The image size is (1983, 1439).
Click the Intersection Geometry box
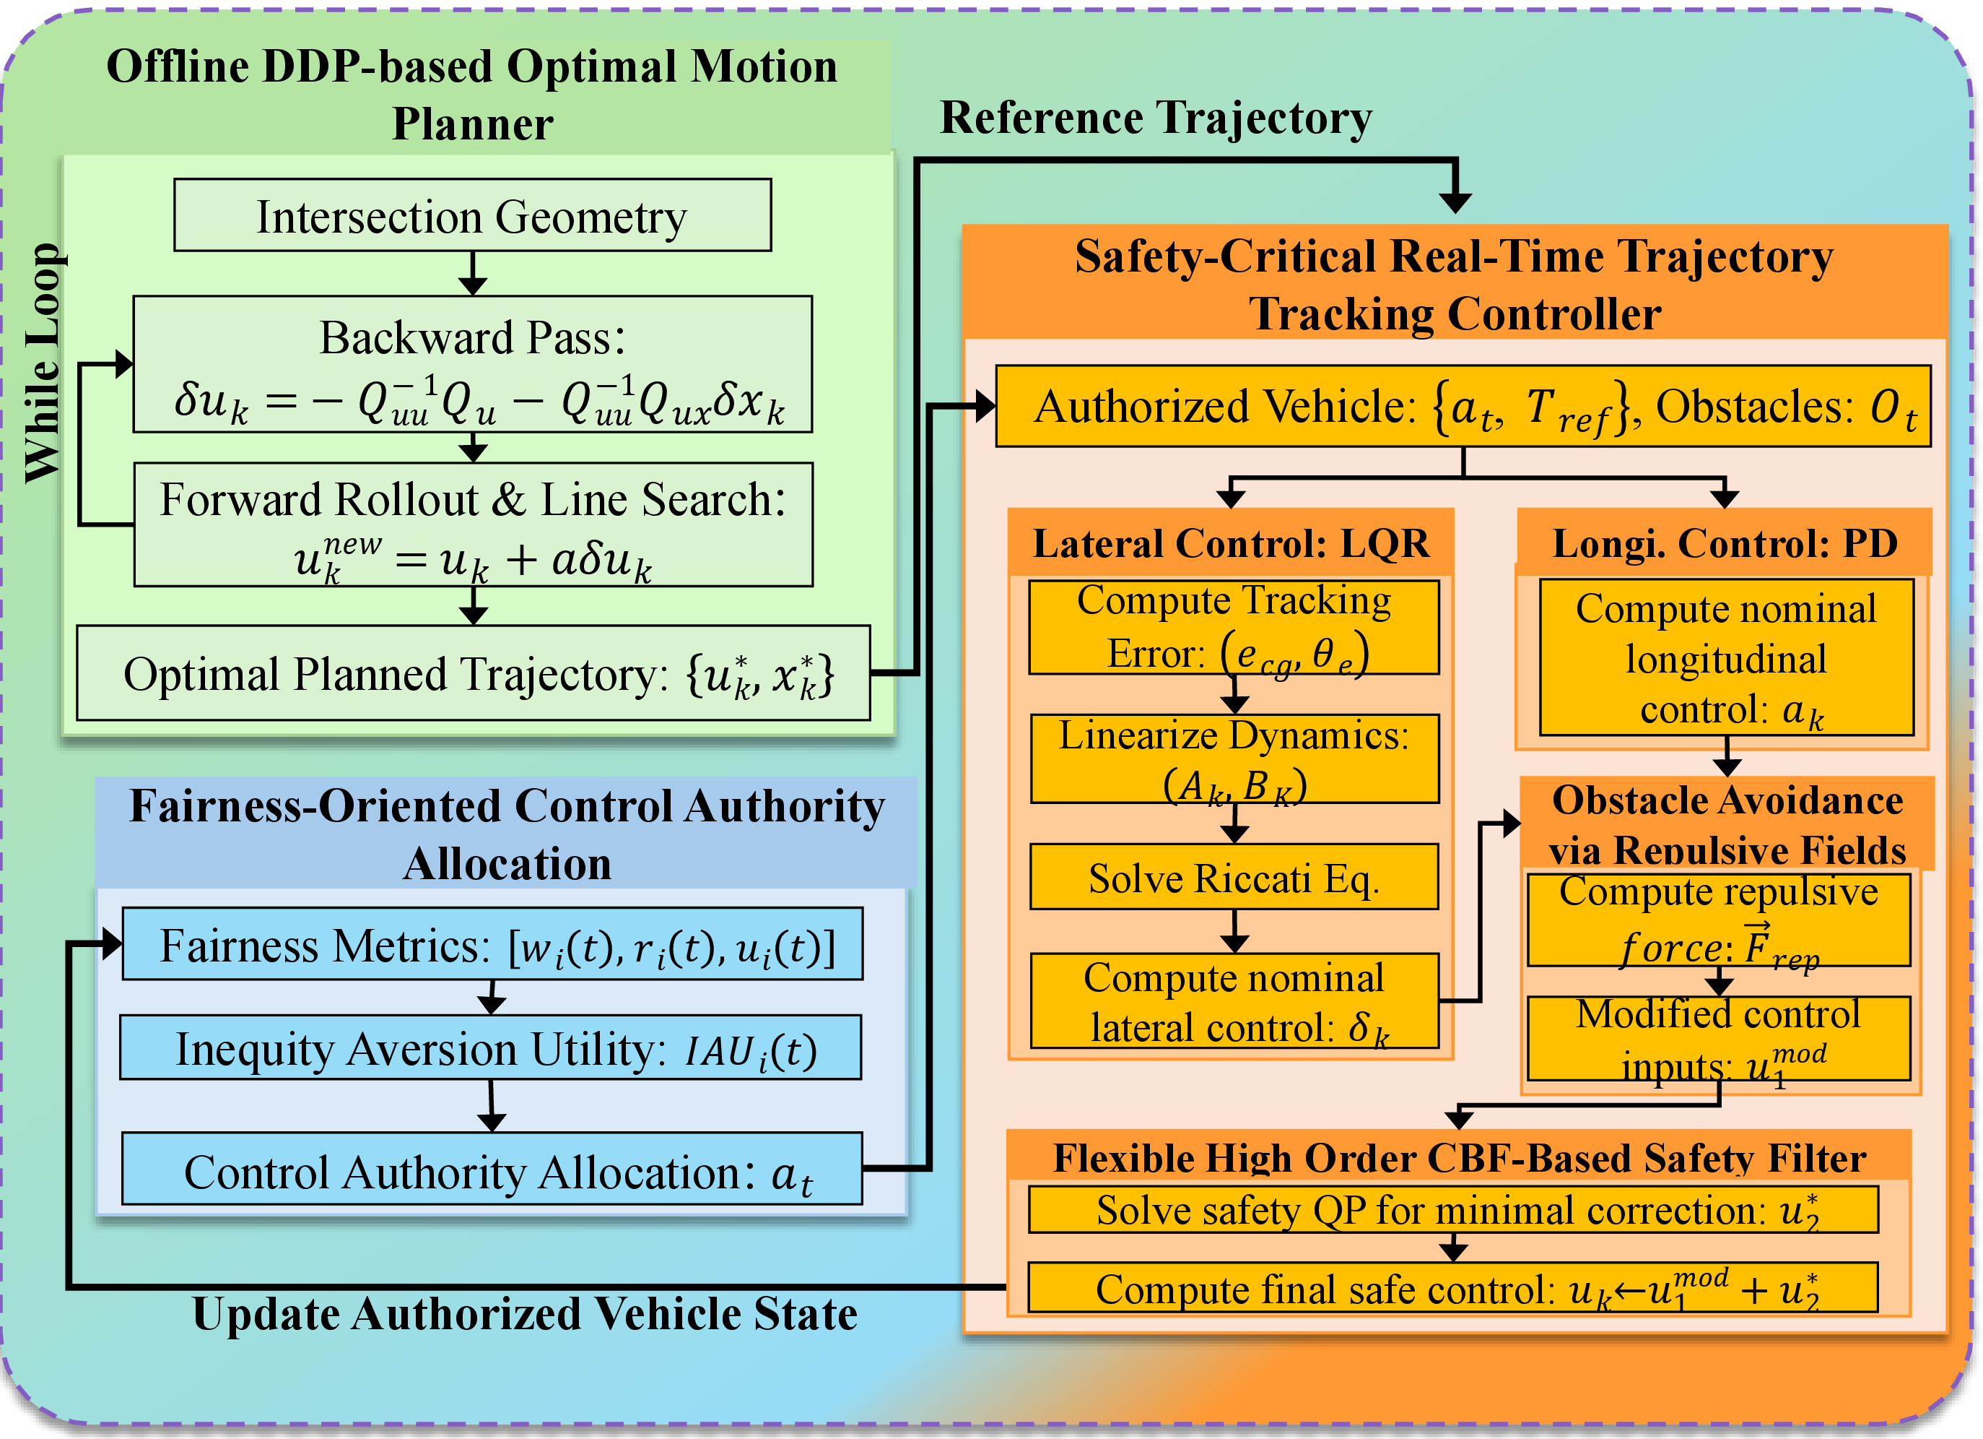[x=472, y=215]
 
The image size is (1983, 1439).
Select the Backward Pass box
[x=472, y=364]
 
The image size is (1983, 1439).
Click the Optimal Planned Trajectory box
[x=473, y=673]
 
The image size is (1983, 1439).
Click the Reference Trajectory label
[x=1156, y=117]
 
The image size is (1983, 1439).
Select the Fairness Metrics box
[x=492, y=944]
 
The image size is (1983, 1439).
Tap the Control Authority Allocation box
[x=492, y=1169]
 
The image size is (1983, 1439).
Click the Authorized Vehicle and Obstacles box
[x=1464, y=406]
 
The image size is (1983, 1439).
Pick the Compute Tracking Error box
[x=1234, y=627]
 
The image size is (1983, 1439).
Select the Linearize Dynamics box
[x=1234, y=759]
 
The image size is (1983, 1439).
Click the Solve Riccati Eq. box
[x=1234, y=876]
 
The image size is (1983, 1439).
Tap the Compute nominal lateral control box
[x=1234, y=1001]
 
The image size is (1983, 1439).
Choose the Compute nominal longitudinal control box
[x=1727, y=657]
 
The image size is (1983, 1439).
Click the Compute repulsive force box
[x=1719, y=920]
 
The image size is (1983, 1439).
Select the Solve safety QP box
[x=1453, y=1210]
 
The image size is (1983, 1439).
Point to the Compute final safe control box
[x=1453, y=1288]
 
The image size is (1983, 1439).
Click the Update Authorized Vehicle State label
[x=525, y=1313]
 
